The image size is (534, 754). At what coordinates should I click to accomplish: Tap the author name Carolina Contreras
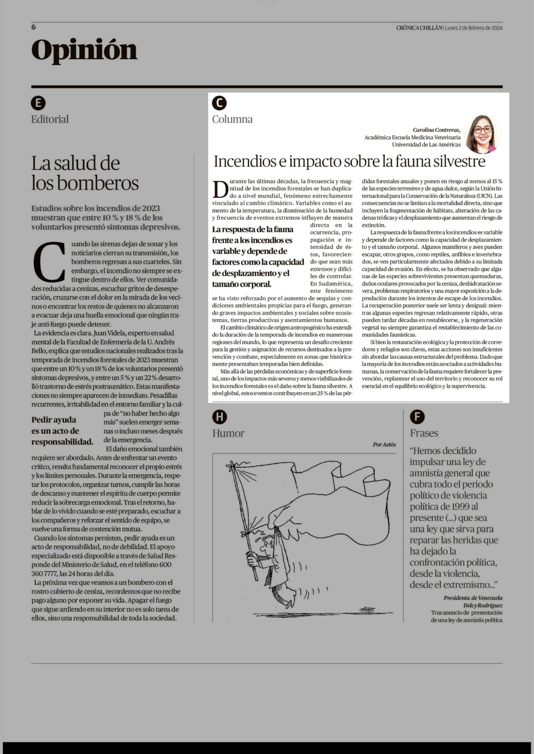[436, 130]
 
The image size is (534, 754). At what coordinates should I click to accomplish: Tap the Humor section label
[228, 433]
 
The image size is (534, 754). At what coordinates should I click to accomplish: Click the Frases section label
[424, 433]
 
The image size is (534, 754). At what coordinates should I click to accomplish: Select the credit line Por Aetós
[384, 445]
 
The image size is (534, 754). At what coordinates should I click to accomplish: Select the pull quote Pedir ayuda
[54, 420]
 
